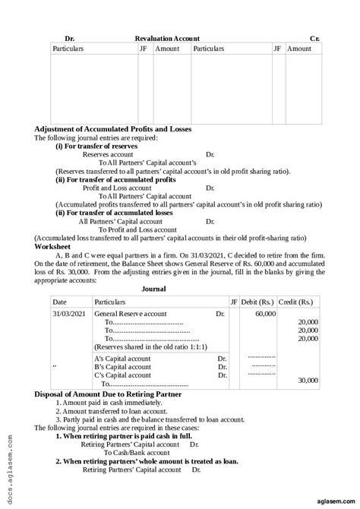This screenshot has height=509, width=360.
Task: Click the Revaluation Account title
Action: (x=167, y=37)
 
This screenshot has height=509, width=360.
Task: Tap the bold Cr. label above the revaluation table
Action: (x=314, y=37)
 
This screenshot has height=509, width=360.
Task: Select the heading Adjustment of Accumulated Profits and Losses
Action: (x=124, y=129)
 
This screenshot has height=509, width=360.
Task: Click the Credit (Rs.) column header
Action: (x=299, y=302)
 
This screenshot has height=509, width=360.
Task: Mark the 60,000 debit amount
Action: (x=265, y=313)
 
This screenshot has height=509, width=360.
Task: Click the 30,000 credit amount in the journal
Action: (x=308, y=380)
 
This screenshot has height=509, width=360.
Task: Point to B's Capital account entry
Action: (x=122, y=366)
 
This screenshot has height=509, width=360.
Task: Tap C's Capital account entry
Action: (x=122, y=375)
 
